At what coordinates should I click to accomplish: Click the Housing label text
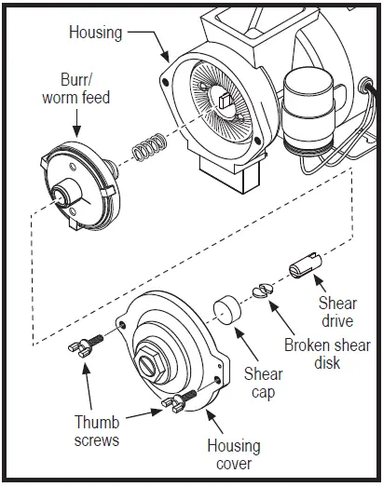point(95,32)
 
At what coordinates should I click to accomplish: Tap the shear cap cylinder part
point(228,309)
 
